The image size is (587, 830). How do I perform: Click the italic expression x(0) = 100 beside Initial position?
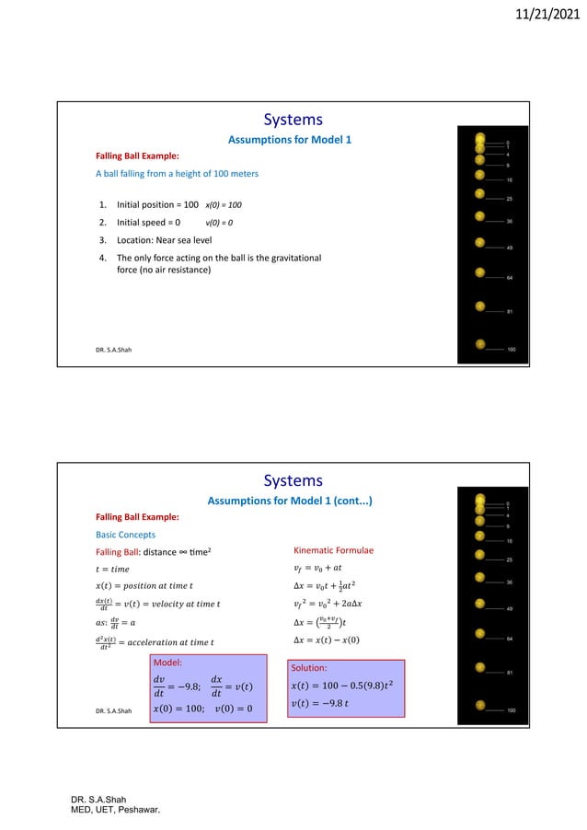pos(224,204)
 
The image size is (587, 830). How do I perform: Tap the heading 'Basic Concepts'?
pos(126,534)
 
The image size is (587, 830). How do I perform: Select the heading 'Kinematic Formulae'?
pos(332,550)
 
